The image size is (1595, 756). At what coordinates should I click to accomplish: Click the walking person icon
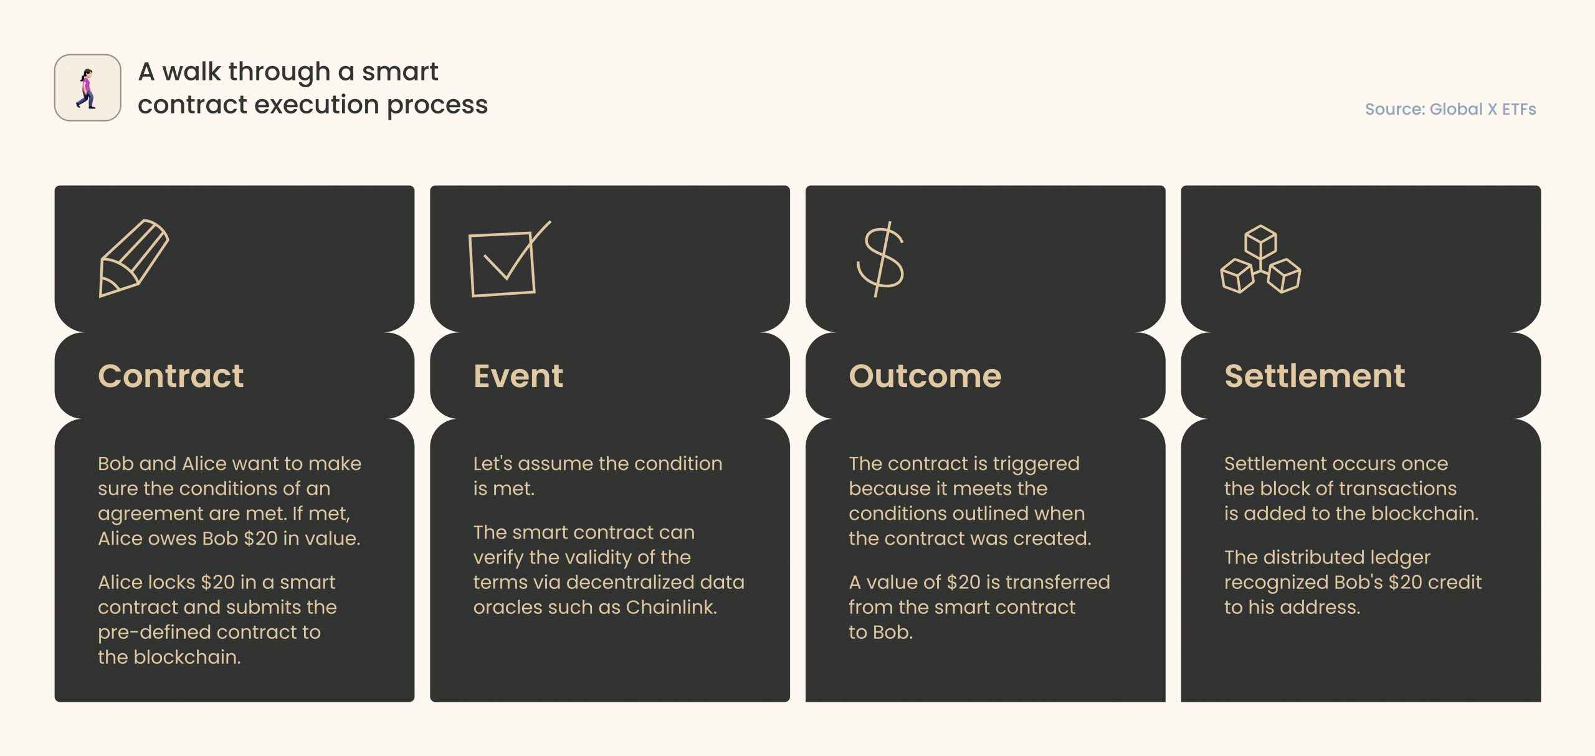(87, 88)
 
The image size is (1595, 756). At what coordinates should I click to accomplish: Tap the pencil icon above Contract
(134, 258)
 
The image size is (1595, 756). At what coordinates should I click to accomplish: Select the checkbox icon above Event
(509, 259)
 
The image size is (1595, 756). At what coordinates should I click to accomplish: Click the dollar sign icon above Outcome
(880, 259)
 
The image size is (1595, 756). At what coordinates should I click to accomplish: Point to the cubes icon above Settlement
(1260, 259)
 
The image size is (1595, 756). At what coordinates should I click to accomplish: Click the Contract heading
(171, 376)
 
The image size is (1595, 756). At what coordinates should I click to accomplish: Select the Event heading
(518, 376)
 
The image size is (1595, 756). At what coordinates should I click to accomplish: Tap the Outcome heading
(925, 376)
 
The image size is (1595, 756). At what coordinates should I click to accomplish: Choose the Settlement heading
(1315, 376)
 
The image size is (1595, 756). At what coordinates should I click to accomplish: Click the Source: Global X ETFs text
(1450, 109)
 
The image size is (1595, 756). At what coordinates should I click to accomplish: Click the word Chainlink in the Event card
(672, 607)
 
